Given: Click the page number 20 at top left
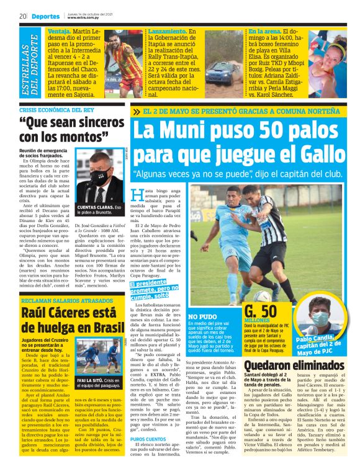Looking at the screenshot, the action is [x=22, y=17].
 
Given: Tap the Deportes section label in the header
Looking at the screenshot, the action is [x=46, y=17].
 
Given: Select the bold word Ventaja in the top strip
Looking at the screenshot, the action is [x=59, y=30].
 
